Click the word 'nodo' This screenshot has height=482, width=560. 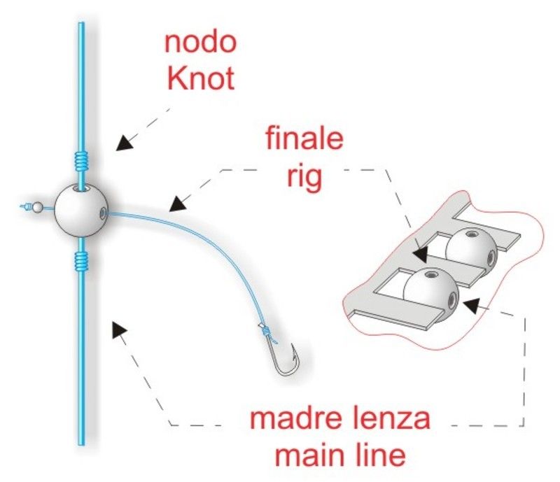tap(200, 43)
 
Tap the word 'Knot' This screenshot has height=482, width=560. tap(201, 78)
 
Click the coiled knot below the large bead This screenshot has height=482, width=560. tap(81, 260)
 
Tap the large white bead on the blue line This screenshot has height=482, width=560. tap(81, 211)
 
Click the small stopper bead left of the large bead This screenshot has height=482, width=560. tap(38, 207)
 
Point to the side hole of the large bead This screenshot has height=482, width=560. tap(102, 213)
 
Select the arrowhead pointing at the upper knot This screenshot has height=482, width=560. tap(125, 143)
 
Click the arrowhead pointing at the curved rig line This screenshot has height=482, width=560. tap(178, 204)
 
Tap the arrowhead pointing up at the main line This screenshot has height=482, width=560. tap(119, 329)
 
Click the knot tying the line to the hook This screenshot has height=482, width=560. tap(265, 331)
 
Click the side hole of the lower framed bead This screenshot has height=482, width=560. tap(453, 299)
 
